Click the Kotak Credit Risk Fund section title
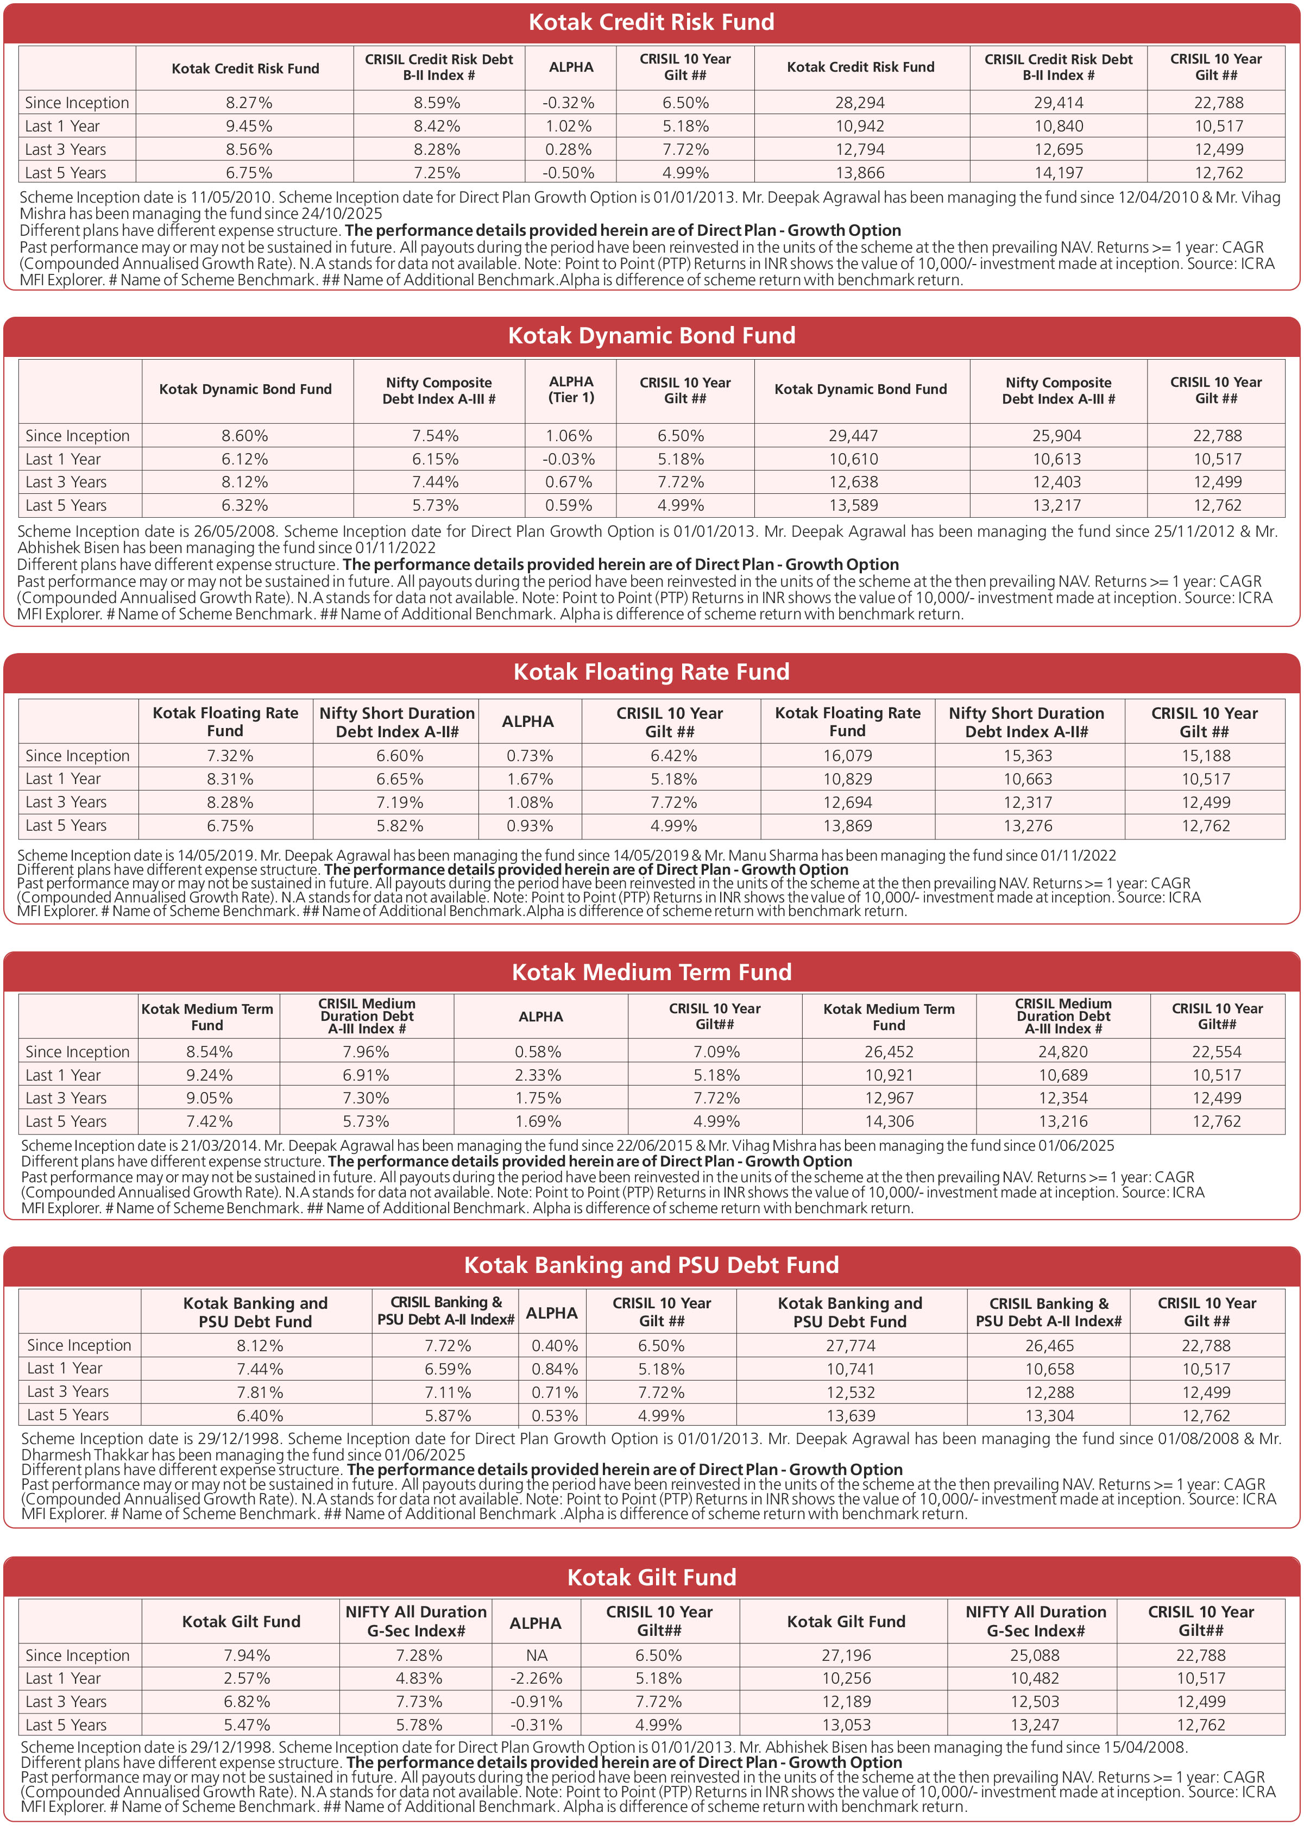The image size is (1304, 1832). pyautogui.click(x=651, y=22)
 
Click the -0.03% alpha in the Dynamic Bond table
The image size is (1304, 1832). pyautogui.click(x=570, y=460)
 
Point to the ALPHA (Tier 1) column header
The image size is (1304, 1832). pyautogui.click(x=571, y=390)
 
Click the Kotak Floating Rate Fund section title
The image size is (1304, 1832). pyautogui.click(x=651, y=672)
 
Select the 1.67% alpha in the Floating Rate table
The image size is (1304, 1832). pyautogui.click(x=529, y=779)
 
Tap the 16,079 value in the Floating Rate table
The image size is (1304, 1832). pyautogui.click(x=847, y=756)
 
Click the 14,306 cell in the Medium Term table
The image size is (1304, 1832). pyautogui.click(x=889, y=1121)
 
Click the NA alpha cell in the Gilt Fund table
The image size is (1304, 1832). pyautogui.click(x=537, y=1655)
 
